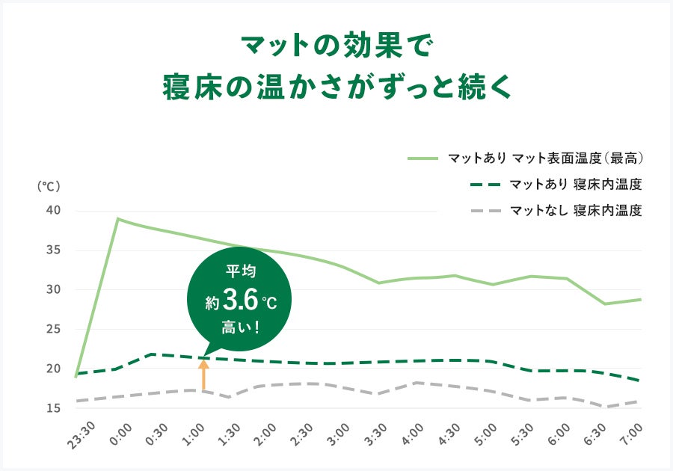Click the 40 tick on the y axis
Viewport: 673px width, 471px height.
(53, 211)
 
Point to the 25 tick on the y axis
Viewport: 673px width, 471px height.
(53, 329)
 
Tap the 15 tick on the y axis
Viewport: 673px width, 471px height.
(53, 408)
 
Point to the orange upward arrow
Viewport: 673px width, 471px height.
(203, 374)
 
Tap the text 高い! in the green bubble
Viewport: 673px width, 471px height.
(239, 326)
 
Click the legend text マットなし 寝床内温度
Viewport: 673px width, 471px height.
(576, 211)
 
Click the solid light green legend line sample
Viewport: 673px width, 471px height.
(422, 158)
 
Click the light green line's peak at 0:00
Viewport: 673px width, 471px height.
(117, 218)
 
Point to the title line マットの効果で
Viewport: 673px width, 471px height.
(336, 46)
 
